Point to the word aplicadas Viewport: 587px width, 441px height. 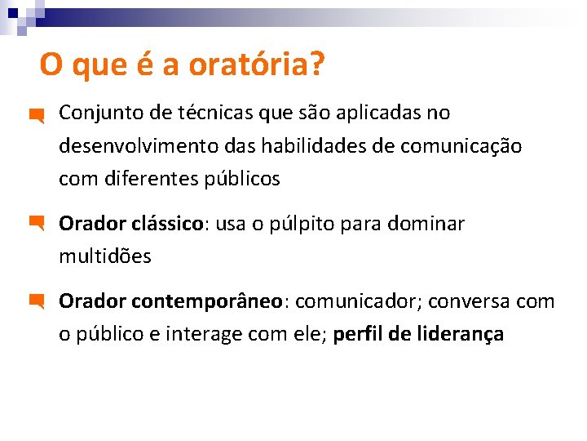[361, 113]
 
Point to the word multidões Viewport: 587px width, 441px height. [105, 256]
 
